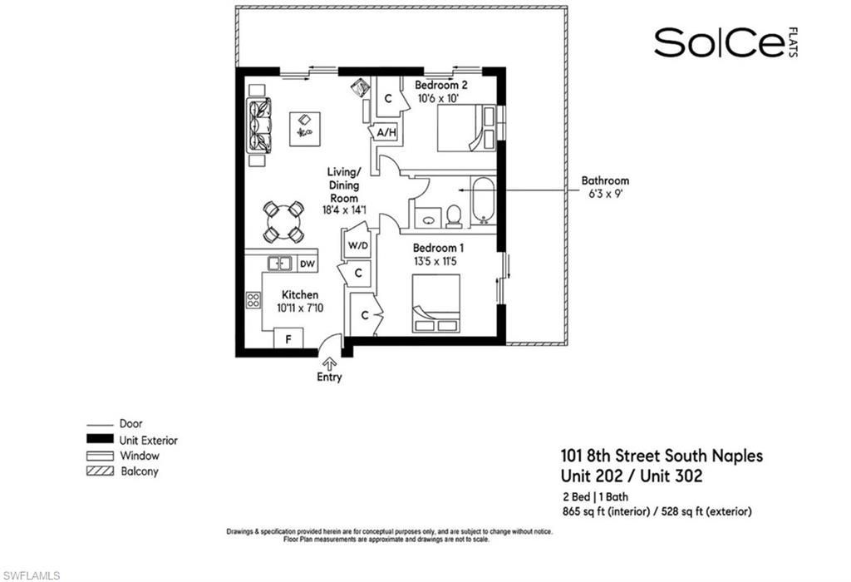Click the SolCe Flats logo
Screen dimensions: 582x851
719,43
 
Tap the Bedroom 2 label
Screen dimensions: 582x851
441,86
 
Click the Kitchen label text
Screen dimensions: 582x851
299,295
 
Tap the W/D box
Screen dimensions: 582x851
357,246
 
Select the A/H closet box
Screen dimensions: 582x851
385,132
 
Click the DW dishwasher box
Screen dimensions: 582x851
307,264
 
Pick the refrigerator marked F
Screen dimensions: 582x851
288,339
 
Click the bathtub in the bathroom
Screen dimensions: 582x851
483,201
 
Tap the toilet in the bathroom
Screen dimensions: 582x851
454,215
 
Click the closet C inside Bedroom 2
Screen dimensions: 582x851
387,97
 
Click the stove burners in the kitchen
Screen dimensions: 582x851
253,299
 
